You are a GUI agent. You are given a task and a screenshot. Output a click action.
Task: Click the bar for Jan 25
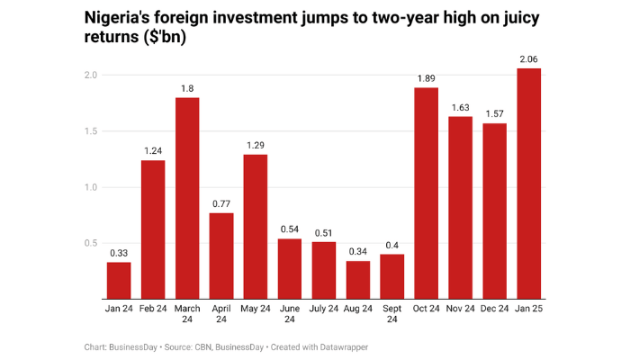pos(529,184)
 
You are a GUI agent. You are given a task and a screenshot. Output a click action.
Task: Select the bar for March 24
pos(186,198)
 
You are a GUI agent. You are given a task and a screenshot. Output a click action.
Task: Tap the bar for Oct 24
pos(427,193)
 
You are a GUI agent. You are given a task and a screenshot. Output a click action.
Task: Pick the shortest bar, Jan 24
pos(119,280)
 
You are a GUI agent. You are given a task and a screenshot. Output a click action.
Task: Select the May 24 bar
pos(255,226)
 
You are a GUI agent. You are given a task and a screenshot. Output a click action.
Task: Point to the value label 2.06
pos(529,59)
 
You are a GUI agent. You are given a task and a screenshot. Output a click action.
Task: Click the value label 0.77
pos(220,204)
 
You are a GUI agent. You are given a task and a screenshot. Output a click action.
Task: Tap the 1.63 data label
pos(461,108)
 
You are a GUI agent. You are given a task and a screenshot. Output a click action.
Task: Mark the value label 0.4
pos(392,246)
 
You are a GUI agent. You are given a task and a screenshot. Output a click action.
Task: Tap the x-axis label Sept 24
pos(392,315)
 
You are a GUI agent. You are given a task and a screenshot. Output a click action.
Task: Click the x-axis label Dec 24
pos(495,309)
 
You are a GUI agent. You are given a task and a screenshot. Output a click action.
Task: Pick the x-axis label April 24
pos(220,315)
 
